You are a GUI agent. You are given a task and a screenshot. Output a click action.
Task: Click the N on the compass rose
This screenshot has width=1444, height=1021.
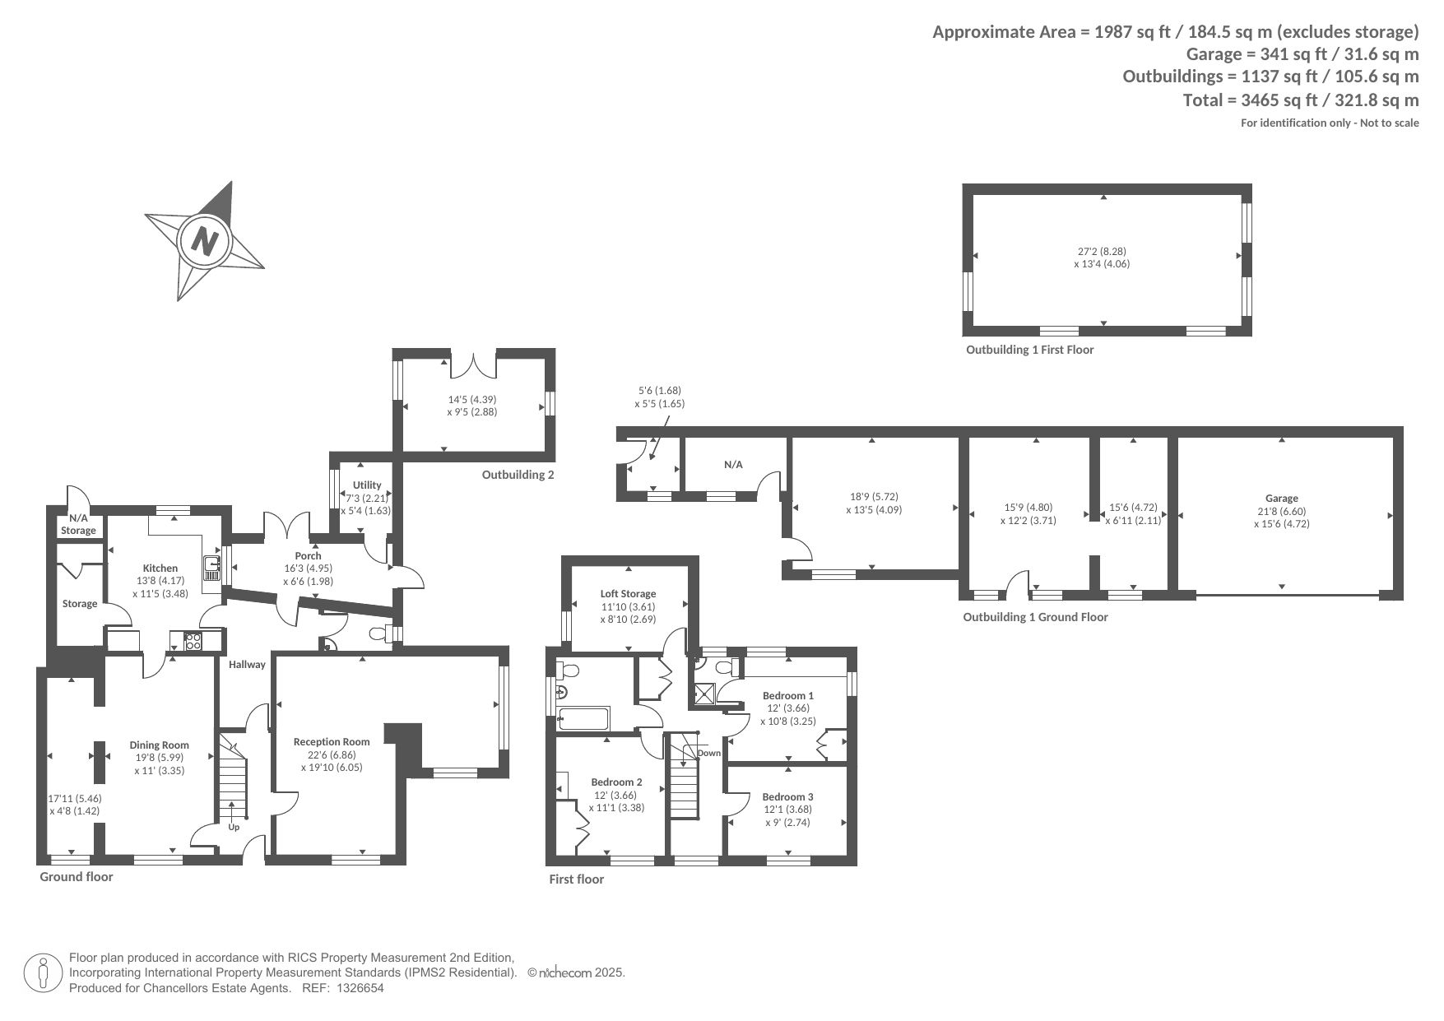[205, 241]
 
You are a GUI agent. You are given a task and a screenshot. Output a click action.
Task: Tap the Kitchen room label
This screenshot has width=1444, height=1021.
[160, 569]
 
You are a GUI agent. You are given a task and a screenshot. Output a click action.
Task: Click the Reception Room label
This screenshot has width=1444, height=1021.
[332, 742]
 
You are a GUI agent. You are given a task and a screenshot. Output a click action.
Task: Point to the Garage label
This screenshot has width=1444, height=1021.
[1282, 499]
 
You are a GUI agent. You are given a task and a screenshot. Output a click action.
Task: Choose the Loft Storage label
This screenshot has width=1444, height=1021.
[628, 594]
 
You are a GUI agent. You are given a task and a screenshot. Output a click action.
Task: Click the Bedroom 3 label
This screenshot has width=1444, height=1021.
[787, 797]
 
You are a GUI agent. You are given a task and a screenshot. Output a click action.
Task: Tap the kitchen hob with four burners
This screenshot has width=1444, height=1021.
[193, 641]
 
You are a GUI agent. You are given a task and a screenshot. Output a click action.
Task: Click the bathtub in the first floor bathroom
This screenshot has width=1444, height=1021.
[583, 718]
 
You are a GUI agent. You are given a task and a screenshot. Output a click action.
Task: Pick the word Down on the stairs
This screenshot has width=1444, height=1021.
[708, 753]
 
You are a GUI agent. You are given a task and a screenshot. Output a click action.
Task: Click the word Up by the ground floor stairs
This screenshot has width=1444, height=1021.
[234, 827]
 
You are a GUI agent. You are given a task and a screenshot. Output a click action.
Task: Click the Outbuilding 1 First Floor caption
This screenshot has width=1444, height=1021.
[1029, 350]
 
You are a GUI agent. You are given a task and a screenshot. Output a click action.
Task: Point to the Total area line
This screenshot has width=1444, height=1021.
[1301, 100]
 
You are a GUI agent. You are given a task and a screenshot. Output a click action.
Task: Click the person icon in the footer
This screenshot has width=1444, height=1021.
[44, 973]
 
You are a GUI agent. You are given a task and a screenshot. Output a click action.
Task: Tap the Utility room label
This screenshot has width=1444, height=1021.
[367, 485]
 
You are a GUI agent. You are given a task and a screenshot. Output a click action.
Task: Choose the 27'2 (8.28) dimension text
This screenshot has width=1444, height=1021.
[1103, 251]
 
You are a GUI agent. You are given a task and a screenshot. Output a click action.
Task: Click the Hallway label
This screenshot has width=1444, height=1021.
[247, 665]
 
